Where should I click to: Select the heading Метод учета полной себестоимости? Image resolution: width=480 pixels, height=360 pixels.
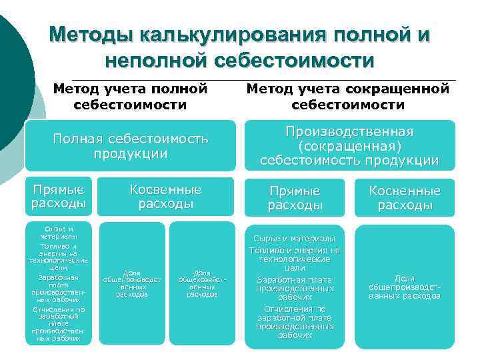tap(131, 96)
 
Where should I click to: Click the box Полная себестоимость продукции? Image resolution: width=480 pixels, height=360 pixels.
tap(131, 145)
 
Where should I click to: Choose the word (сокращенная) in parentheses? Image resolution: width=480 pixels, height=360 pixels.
tap(349, 146)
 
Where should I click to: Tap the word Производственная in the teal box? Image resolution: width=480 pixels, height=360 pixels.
tap(349, 131)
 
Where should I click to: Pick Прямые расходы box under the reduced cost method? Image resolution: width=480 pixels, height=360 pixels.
tap(295, 198)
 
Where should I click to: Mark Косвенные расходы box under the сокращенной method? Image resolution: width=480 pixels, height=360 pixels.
tap(405, 198)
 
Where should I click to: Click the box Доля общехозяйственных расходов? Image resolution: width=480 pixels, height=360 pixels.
tap(202, 283)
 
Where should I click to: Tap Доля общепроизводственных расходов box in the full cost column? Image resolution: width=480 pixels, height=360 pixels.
tap(132, 283)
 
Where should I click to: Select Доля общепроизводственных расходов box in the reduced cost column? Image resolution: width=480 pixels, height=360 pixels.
tap(404, 287)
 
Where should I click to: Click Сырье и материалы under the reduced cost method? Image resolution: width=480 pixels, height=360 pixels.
tap(295, 238)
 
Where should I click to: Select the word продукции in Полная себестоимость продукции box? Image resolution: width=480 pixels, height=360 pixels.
tap(131, 153)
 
